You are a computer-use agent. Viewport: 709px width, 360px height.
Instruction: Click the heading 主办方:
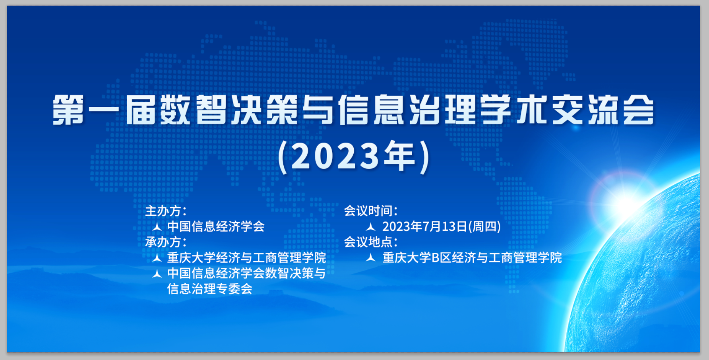tap(166, 211)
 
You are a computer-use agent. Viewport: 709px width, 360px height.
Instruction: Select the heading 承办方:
tap(166, 242)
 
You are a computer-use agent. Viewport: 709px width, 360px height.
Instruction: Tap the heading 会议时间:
tap(370, 211)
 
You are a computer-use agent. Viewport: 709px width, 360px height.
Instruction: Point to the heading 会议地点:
tap(370, 242)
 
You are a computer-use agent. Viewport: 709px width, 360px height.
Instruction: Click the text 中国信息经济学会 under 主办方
tap(216, 226)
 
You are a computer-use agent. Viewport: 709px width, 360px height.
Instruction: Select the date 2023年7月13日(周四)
tap(442, 226)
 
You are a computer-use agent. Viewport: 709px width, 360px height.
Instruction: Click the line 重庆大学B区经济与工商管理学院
tap(472, 258)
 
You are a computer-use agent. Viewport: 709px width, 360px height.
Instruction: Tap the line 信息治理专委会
tap(210, 289)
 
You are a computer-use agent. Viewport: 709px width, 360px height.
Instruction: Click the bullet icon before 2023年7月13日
tap(371, 226)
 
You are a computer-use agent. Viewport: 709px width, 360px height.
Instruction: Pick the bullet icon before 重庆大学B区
tap(371, 258)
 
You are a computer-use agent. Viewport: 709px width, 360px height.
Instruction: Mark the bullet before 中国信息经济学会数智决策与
tap(157, 273)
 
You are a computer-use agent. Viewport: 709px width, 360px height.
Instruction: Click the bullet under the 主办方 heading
tap(157, 226)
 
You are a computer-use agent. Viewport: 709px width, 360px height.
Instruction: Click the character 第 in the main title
tap(68, 110)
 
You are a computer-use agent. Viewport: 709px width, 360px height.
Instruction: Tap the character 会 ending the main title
tap(639, 110)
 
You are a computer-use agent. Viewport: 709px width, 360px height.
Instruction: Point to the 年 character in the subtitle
tap(399, 155)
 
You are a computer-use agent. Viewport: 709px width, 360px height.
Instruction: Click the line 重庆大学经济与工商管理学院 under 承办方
tap(246, 258)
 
